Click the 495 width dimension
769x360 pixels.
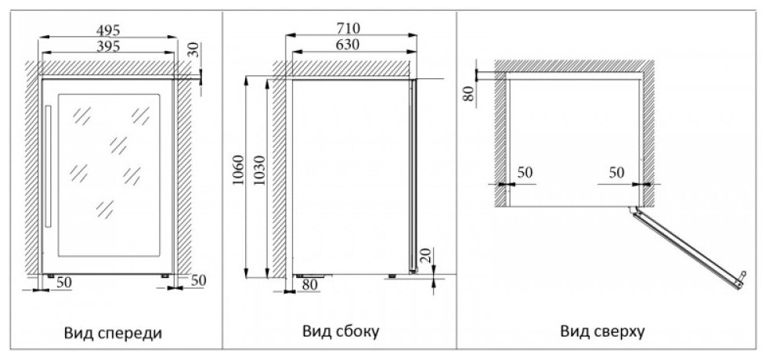click(107, 30)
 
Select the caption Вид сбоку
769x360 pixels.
click(341, 332)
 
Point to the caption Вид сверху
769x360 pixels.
click(602, 332)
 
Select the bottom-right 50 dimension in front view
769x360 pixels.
click(197, 280)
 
